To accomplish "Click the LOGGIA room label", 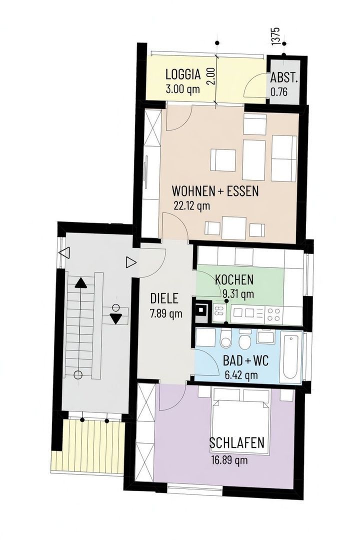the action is (183, 74).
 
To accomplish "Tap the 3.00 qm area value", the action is (182, 89).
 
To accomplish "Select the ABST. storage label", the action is (284, 78).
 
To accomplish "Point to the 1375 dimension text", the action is (275, 36).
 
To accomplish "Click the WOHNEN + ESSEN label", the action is (215, 190).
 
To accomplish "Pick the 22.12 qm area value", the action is (191, 205).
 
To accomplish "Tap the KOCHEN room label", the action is (234, 279).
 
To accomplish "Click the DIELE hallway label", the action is (164, 298).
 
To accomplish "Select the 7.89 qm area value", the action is (166, 313).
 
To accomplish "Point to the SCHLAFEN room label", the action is (236, 442).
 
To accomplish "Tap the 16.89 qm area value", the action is (229, 460).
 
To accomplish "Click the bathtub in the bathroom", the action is (291, 357).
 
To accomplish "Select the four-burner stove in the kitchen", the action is (274, 313).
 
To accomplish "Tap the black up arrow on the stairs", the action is (81, 283).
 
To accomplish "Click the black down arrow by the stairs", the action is (116, 319).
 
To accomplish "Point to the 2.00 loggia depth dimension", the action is (212, 76).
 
